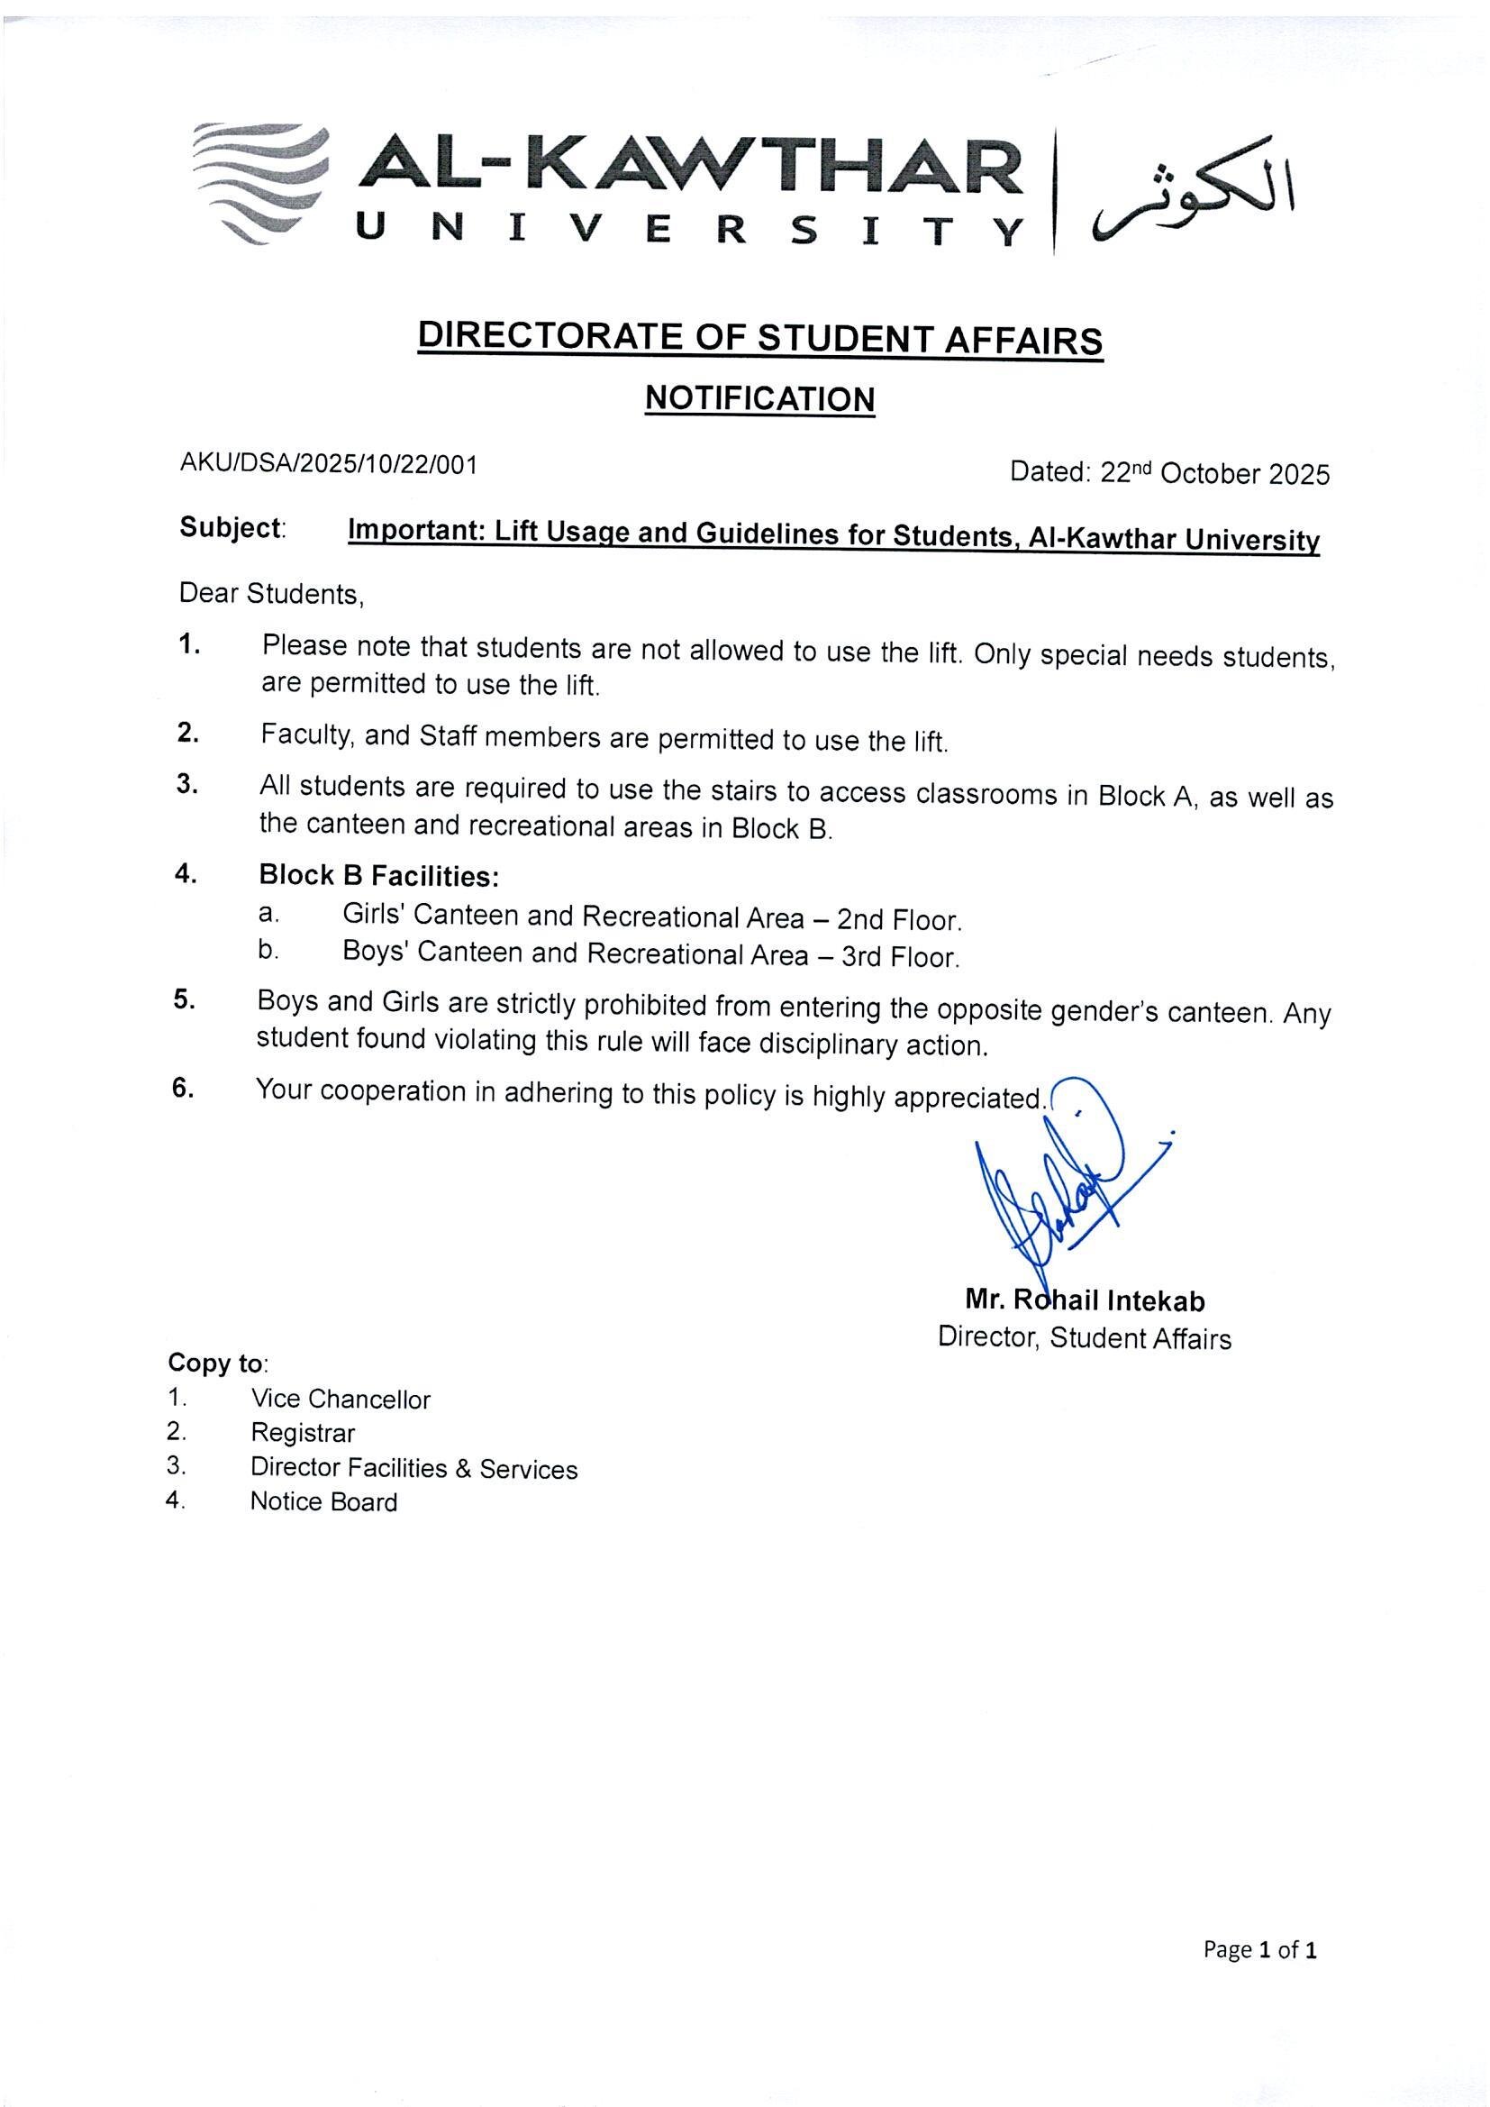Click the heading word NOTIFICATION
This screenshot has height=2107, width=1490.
point(759,399)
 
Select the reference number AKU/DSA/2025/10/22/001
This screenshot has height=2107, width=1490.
point(329,464)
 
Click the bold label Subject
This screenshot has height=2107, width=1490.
point(231,529)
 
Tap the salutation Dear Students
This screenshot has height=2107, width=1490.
point(271,594)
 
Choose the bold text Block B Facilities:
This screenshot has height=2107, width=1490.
point(379,876)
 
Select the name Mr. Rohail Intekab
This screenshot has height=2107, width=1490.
point(1086,1300)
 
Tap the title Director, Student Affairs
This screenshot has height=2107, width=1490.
point(1084,1338)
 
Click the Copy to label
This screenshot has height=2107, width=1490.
point(216,1364)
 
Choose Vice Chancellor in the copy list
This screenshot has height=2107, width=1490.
point(341,1400)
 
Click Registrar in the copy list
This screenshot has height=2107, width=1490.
point(303,1434)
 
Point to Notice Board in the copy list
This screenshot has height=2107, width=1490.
point(324,1502)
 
